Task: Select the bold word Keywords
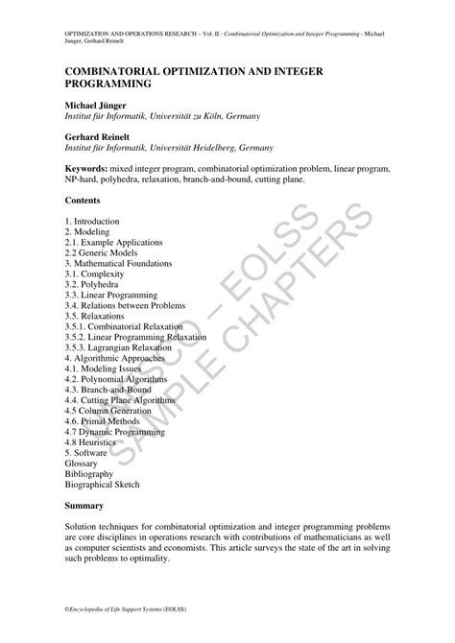click(91, 168)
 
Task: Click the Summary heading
click(86, 504)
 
